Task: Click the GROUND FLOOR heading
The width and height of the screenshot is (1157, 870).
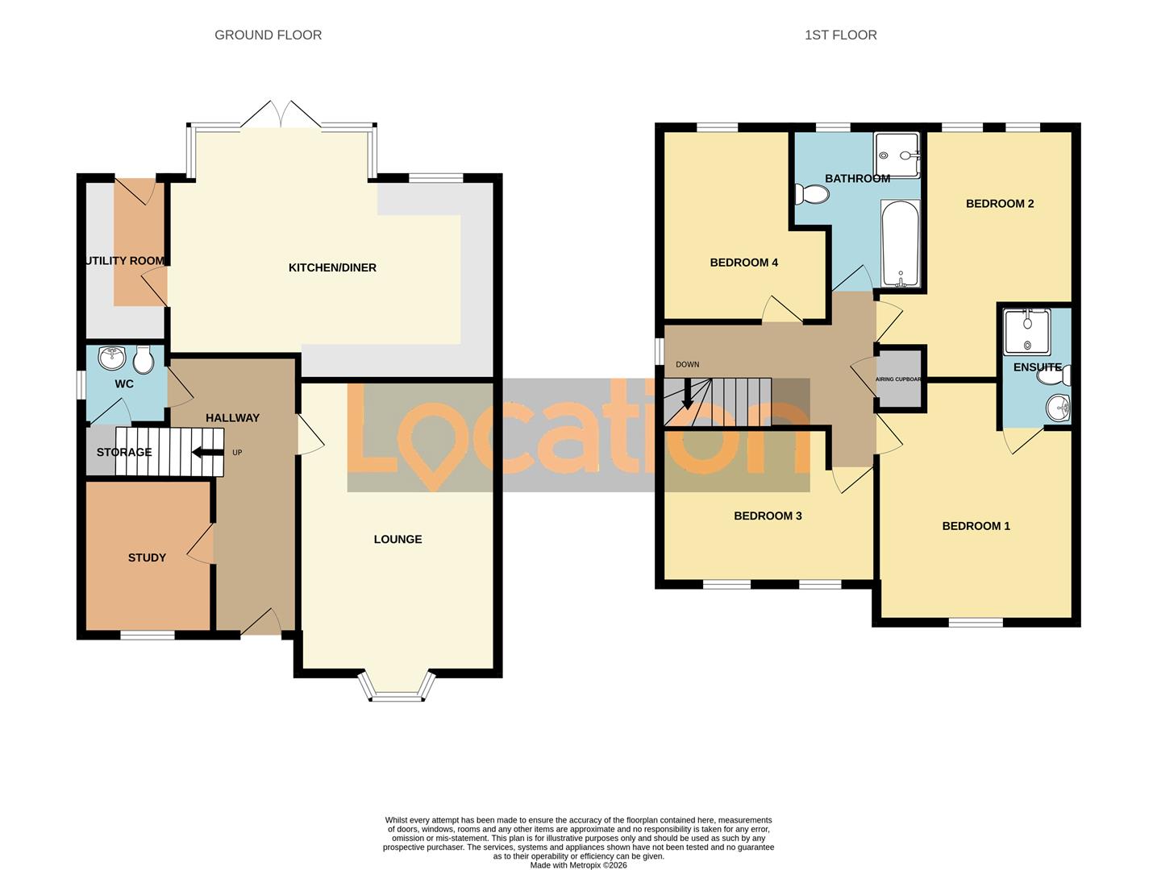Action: tap(268, 35)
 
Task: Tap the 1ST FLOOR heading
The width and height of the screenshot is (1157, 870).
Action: tap(840, 35)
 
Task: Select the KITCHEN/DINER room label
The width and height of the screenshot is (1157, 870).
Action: tap(332, 267)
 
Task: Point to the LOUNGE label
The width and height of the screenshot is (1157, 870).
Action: tap(397, 539)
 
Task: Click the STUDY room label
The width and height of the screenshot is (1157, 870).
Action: tap(147, 557)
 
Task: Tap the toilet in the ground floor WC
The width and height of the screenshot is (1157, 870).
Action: tap(144, 360)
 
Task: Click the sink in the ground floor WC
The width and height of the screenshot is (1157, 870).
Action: tap(110, 356)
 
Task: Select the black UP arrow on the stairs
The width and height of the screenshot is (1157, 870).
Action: tap(208, 452)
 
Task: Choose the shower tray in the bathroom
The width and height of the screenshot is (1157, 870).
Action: tap(897, 155)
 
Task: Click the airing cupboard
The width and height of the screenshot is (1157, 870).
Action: tap(898, 379)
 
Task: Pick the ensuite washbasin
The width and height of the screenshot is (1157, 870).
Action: tap(1058, 408)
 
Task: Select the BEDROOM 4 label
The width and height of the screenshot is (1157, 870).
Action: tap(743, 263)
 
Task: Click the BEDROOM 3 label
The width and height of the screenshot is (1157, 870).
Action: tap(768, 516)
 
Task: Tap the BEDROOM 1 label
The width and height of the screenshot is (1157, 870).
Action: tap(976, 526)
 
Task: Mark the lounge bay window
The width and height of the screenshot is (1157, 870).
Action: tap(397, 686)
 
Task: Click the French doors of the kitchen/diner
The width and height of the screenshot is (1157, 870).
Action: tap(281, 115)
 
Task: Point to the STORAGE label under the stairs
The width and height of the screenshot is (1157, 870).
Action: tap(124, 452)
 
